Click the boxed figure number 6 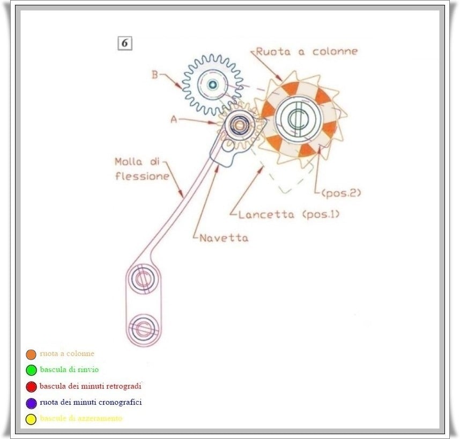coord(124,44)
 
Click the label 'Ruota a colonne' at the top coord(306,51)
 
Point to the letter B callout coord(154,75)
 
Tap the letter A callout coord(173,120)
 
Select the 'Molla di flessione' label coord(142,168)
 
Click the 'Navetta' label coord(224,238)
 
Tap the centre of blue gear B coord(212,84)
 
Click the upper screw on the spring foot coord(143,279)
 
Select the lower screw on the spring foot coord(143,327)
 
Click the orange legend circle coord(31,354)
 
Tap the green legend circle coord(31,370)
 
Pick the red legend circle coord(31,387)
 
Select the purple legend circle coord(31,403)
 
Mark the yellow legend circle coord(31,419)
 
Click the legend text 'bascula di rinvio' coord(69,369)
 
